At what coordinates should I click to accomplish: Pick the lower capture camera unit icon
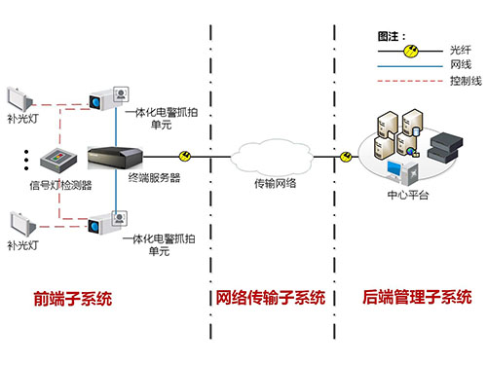[x=107, y=223]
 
